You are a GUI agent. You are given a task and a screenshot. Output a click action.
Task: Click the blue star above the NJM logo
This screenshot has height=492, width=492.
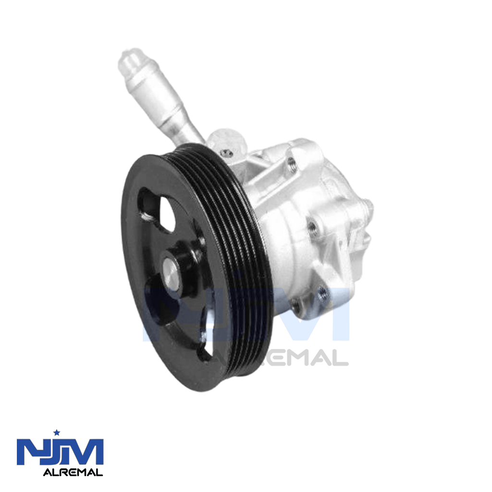point(57,432)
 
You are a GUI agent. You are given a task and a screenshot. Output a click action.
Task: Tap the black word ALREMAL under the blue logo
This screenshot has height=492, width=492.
point(73,472)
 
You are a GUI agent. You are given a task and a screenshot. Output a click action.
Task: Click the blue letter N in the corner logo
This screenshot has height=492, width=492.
point(30,452)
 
